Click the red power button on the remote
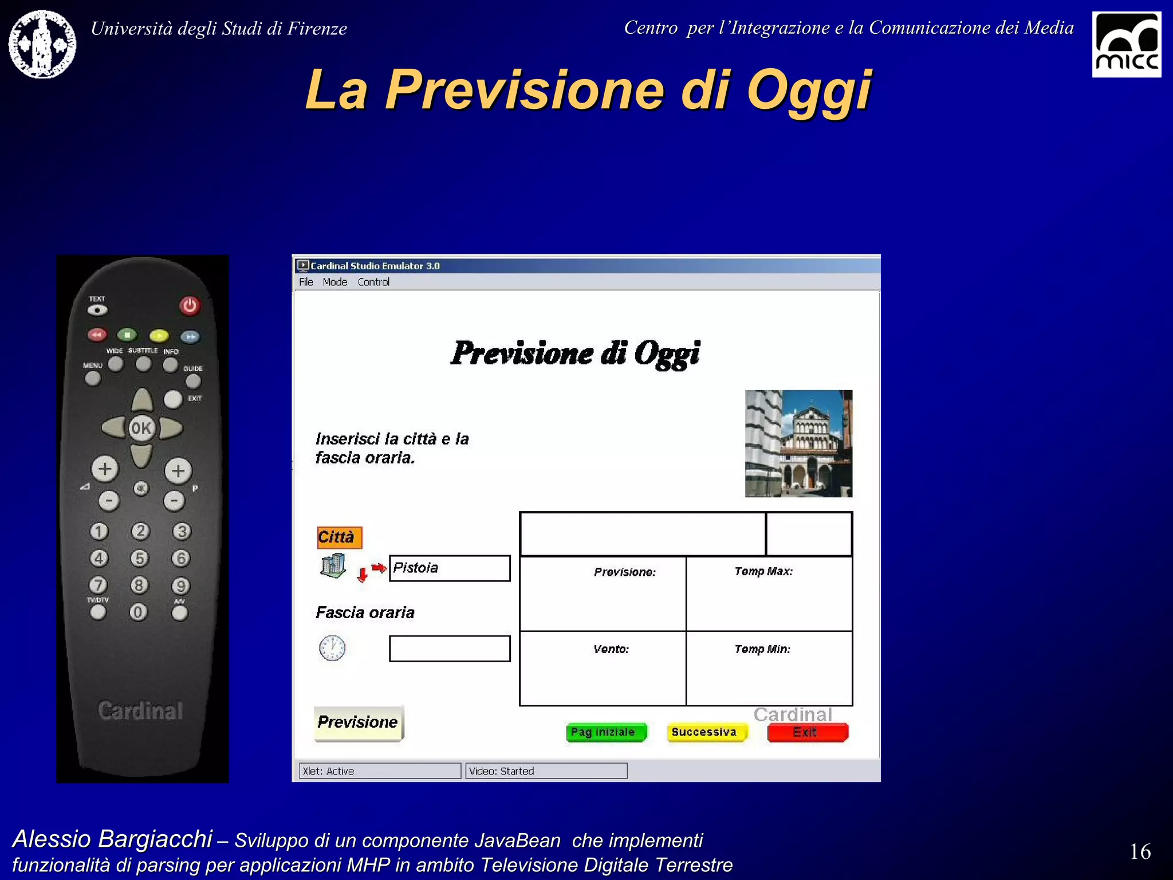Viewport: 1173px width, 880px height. click(190, 305)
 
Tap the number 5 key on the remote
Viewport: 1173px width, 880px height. click(139, 558)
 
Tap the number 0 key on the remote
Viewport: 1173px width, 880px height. click(137, 612)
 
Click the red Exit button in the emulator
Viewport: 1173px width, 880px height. click(806, 732)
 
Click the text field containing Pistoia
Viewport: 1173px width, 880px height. click(450, 568)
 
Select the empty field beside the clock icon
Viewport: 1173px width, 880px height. click(450, 649)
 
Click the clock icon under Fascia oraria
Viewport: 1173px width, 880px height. click(332, 649)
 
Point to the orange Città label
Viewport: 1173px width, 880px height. click(338, 537)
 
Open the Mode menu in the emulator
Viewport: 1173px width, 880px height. click(334, 282)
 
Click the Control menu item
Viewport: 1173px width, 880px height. click(373, 282)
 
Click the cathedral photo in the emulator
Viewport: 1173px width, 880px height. click(798, 443)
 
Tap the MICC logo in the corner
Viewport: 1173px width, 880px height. click(1126, 45)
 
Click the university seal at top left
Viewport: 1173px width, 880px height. click(42, 44)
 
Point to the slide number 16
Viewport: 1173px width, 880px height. click(1140, 851)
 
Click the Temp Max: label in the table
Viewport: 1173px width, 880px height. click(763, 571)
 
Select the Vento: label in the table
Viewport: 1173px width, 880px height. click(611, 649)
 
